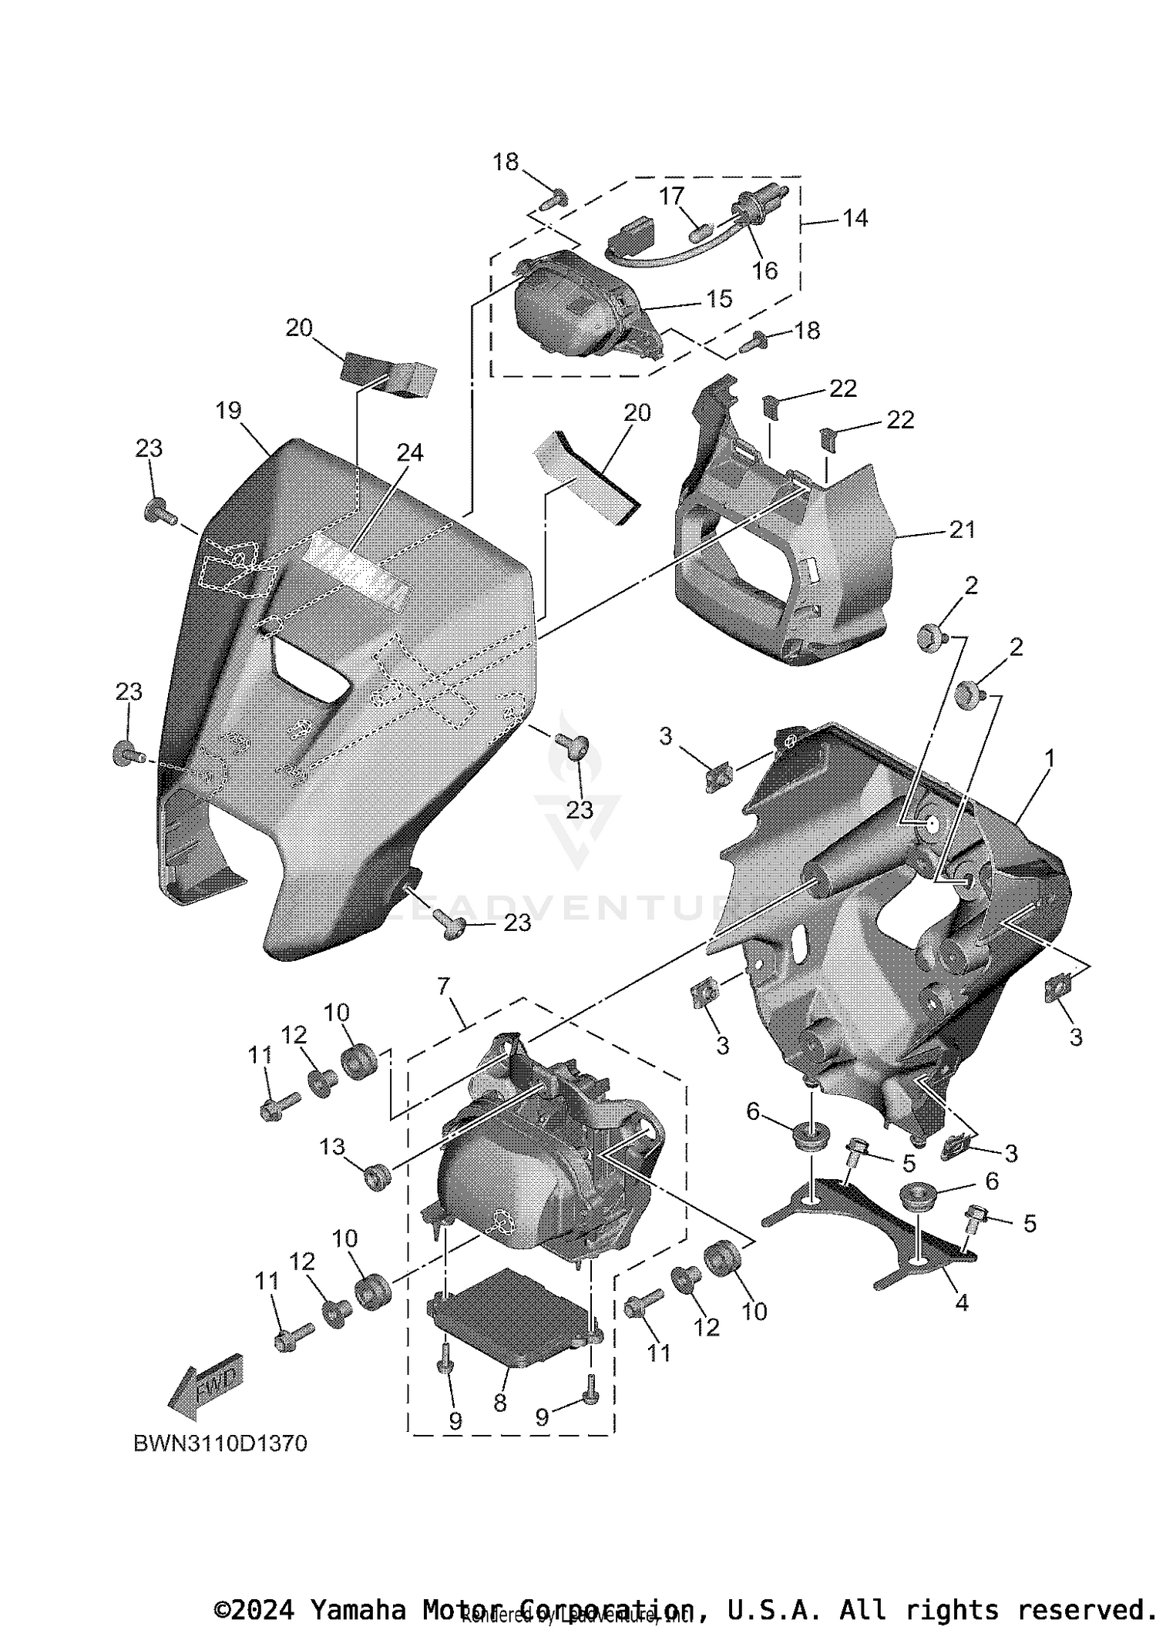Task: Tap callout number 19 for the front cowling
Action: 229,411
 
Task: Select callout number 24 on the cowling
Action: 409,452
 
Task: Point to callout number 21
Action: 962,529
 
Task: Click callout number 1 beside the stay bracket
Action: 1048,759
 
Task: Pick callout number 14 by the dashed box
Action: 855,218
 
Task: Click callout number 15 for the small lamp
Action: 719,298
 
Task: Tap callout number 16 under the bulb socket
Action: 765,271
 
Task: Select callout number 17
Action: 671,197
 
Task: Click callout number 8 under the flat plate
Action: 499,1403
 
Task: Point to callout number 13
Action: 332,1148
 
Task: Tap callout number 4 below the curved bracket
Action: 961,1302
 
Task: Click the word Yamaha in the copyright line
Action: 357,1610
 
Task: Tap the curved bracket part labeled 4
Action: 863,1218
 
